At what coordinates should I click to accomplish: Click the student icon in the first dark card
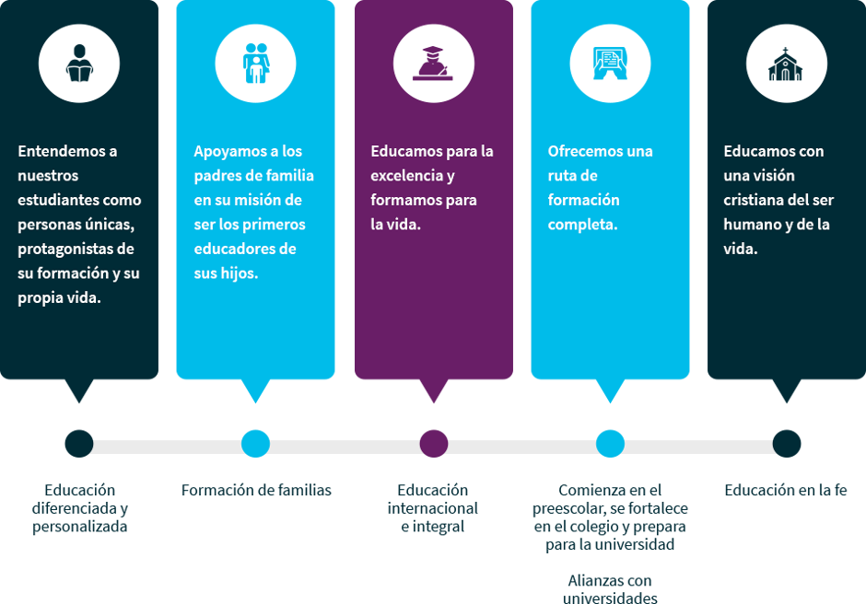click(x=79, y=63)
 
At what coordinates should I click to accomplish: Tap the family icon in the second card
click(x=255, y=63)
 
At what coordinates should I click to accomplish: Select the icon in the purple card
click(x=433, y=63)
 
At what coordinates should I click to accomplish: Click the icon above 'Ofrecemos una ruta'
click(x=610, y=63)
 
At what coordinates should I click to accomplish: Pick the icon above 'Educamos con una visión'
click(x=786, y=63)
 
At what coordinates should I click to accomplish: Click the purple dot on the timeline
click(x=433, y=443)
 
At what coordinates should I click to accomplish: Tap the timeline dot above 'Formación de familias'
click(x=255, y=443)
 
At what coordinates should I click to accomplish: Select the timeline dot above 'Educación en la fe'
click(x=786, y=443)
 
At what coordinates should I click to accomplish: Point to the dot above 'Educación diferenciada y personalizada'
click(x=79, y=443)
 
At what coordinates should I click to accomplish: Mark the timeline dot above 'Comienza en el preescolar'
click(x=610, y=443)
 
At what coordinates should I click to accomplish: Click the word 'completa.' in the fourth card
click(x=582, y=224)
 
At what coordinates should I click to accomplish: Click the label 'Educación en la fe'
click(x=786, y=491)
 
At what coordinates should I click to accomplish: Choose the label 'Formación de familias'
click(x=256, y=491)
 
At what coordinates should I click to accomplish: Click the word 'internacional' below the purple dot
click(x=432, y=508)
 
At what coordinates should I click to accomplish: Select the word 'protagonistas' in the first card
click(x=64, y=249)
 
